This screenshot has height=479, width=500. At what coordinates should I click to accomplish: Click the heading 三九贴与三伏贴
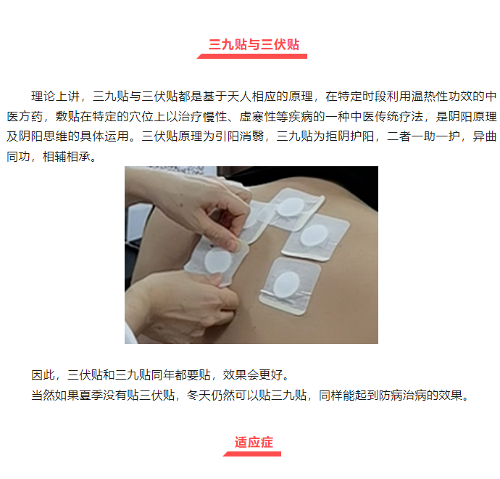(x=254, y=44)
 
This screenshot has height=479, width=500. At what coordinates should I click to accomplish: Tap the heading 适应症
(x=254, y=442)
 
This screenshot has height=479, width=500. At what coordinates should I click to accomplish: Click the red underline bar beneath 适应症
(x=252, y=454)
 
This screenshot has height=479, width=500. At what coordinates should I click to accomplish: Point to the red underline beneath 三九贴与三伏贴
(x=252, y=56)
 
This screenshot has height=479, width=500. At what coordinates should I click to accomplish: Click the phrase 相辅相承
(x=67, y=157)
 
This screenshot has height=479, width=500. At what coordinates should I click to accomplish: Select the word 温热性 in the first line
(x=430, y=96)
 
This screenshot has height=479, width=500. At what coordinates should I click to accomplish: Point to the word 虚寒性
(x=258, y=116)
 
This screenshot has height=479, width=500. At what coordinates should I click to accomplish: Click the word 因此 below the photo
(x=43, y=374)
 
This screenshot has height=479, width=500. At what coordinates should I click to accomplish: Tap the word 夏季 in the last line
(x=91, y=395)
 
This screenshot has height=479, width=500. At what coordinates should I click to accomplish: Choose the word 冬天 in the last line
(x=199, y=395)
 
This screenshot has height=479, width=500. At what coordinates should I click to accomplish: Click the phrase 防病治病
(x=403, y=395)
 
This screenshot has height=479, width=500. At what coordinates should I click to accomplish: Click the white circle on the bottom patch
(x=287, y=284)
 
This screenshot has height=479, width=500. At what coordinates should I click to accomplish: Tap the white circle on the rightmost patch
(x=314, y=235)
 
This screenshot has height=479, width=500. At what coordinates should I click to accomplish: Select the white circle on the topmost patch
(x=291, y=207)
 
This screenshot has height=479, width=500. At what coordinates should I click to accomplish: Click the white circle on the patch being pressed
(x=218, y=261)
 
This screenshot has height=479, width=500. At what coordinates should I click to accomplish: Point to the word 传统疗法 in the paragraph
(x=399, y=116)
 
